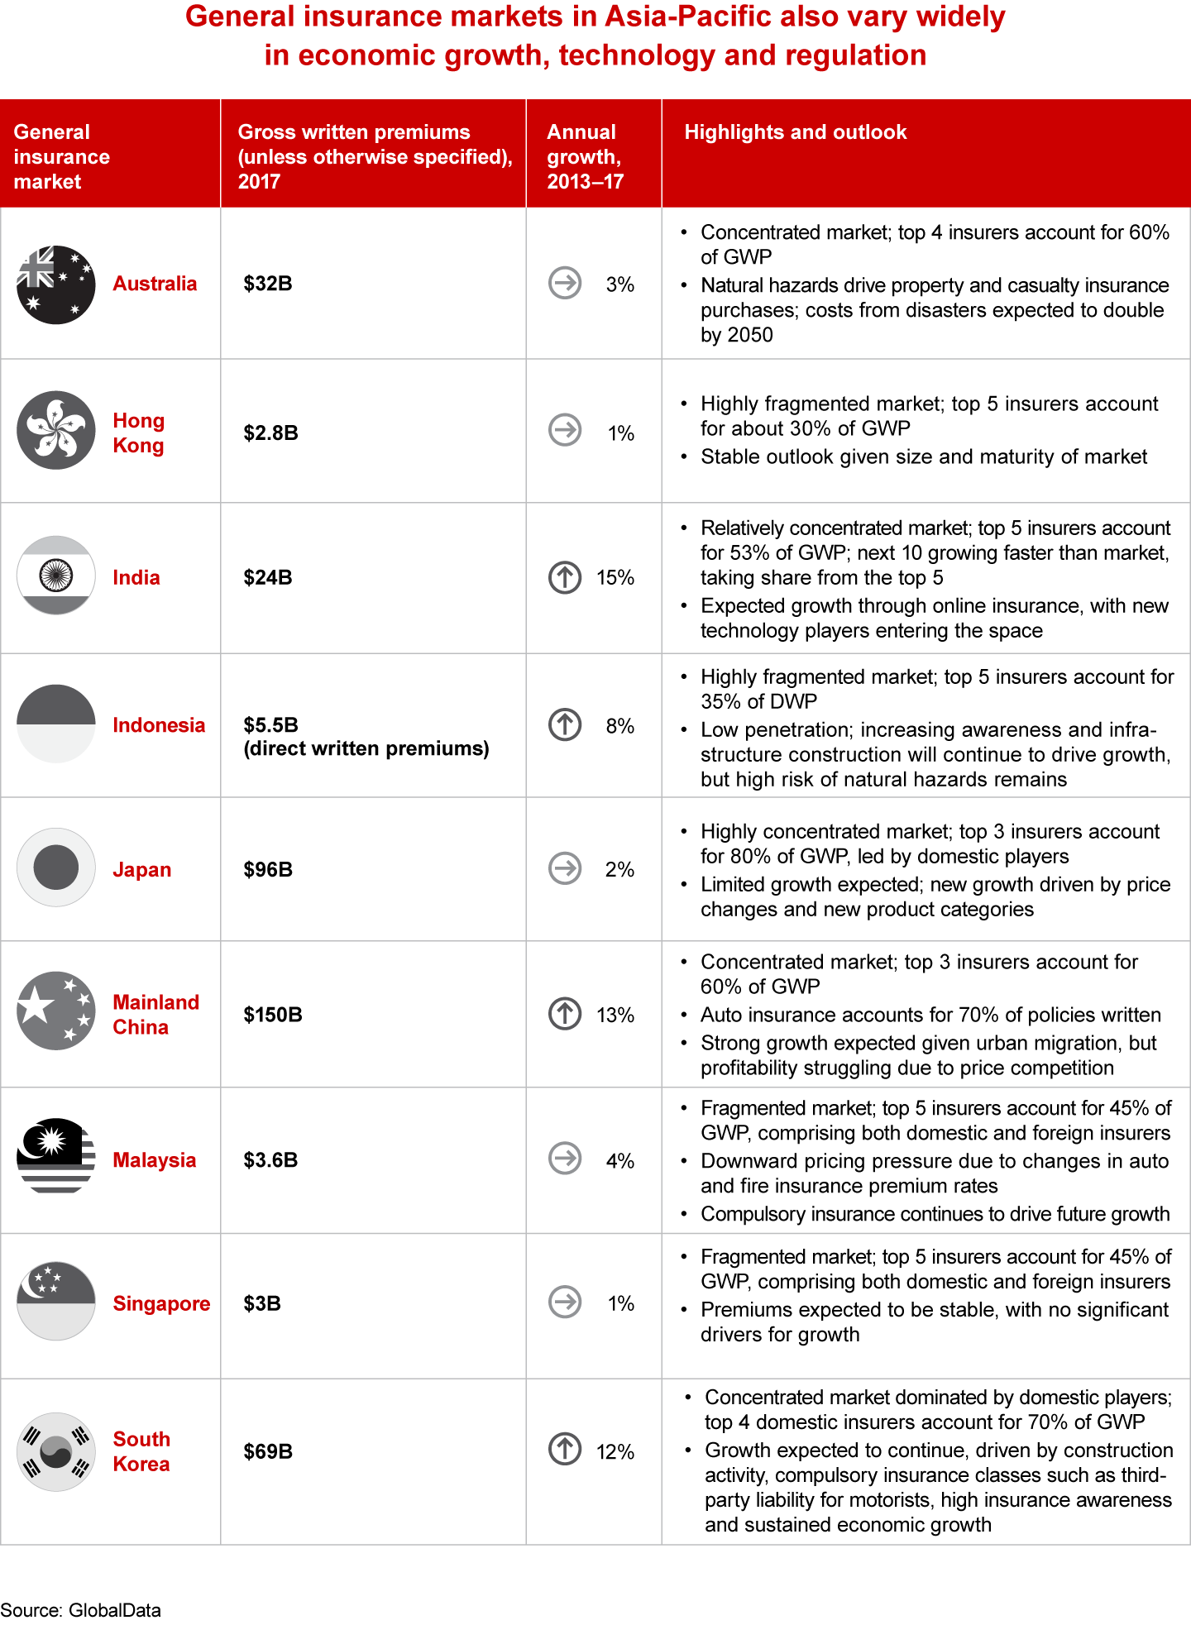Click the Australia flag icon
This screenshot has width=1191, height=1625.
click(56, 284)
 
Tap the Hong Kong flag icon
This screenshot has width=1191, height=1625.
click(56, 430)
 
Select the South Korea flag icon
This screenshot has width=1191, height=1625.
click(56, 1451)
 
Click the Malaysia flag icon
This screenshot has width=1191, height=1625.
click(56, 1158)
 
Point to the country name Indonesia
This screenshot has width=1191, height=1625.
click(159, 725)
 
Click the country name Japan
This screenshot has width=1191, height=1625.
click(142, 870)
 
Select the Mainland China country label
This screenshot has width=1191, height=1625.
click(155, 1015)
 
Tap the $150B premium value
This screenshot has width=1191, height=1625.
click(273, 1015)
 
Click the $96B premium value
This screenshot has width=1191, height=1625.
click(268, 870)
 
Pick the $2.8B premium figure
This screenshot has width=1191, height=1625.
click(270, 433)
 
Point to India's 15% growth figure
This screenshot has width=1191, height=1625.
click(615, 578)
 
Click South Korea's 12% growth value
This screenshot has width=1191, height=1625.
click(615, 1452)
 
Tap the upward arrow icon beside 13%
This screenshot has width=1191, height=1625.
click(565, 1013)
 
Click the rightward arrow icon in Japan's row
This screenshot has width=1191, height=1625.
click(565, 868)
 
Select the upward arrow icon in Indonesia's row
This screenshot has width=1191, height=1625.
click(565, 724)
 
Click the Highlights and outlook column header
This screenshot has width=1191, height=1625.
click(796, 132)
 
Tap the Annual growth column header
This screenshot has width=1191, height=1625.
click(585, 156)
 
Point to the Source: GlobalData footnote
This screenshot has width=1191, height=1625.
click(81, 1610)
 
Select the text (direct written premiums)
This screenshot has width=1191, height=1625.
click(366, 749)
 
